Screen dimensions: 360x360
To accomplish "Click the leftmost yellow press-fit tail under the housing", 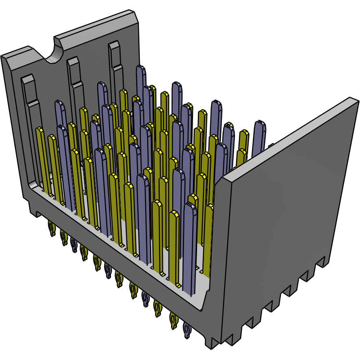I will (52, 229).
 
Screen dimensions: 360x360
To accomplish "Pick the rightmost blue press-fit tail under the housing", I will (187, 330).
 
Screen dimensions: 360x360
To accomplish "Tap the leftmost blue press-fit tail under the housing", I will (74, 245).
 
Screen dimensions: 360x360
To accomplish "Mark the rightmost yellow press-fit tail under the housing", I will (173, 321).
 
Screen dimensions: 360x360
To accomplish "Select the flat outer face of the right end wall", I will (284, 228).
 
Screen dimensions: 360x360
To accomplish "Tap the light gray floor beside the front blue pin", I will (201, 293).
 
